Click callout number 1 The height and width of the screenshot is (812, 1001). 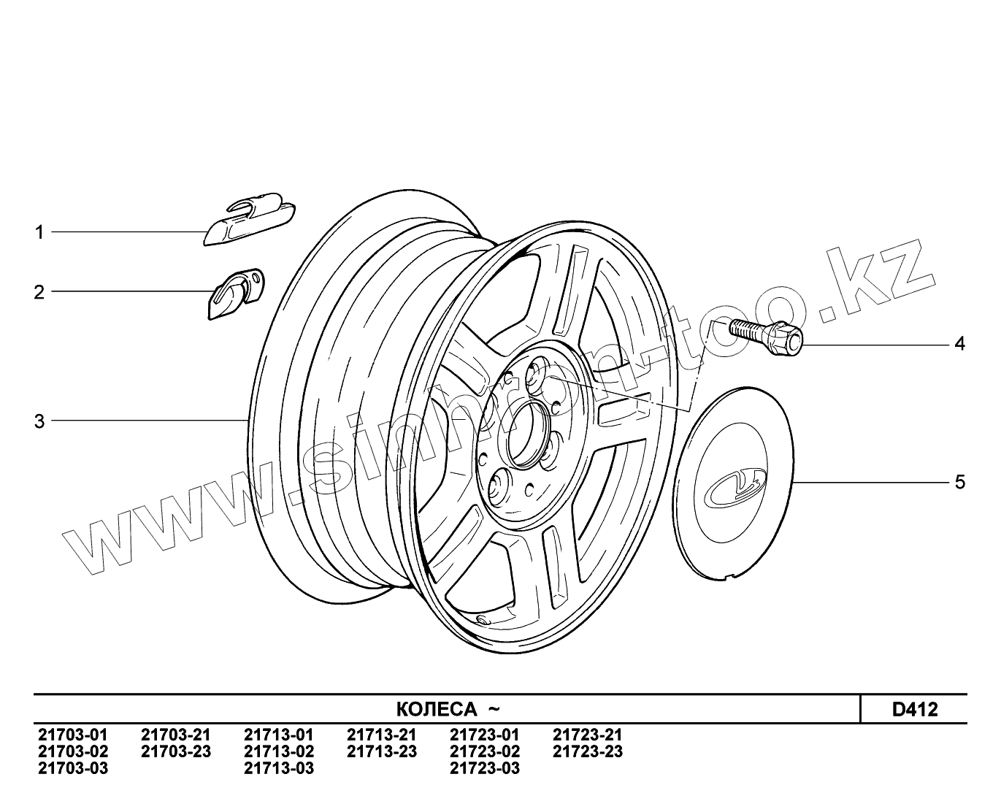tap(39, 232)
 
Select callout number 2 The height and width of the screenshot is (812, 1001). tap(39, 292)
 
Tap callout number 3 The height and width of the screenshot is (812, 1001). tap(39, 421)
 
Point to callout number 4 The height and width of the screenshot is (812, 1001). tap(959, 344)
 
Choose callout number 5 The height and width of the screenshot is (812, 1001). tap(960, 482)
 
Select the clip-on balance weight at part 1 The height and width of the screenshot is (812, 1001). tap(250, 218)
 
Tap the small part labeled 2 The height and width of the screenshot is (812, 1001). tap(236, 294)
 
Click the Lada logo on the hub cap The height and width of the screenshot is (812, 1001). tap(735, 489)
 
